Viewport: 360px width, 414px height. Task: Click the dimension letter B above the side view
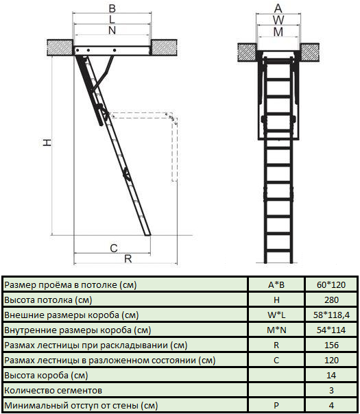click(112, 8)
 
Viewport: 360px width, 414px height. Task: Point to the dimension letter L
click(112, 19)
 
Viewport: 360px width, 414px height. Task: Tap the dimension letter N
click(112, 30)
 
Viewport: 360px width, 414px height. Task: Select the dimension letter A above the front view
click(278, 9)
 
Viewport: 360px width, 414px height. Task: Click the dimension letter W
click(278, 21)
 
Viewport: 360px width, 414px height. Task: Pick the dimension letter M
click(278, 32)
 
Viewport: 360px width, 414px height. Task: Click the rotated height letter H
click(47, 143)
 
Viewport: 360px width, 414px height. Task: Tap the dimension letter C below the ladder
click(114, 248)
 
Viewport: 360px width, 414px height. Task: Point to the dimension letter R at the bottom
click(128, 259)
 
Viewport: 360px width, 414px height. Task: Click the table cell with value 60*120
click(331, 285)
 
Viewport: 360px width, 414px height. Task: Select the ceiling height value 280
click(331, 300)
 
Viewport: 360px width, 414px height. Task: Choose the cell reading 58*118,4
click(331, 315)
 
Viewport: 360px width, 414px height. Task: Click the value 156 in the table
click(331, 345)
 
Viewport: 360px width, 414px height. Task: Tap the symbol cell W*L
click(276, 315)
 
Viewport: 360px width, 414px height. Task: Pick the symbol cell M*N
click(276, 330)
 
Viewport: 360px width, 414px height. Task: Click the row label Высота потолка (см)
click(48, 300)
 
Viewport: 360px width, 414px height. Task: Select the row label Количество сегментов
click(53, 391)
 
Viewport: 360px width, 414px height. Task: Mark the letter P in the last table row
click(276, 405)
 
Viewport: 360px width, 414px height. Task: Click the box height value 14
click(331, 375)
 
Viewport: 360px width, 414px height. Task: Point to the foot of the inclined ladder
click(147, 234)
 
